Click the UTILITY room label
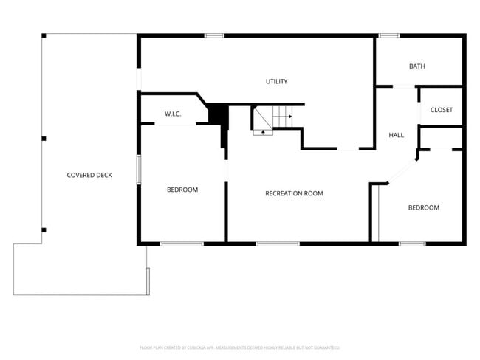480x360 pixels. (x=277, y=81)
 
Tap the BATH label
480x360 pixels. (x=417, y=66)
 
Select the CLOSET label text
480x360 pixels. (x=442, y=110)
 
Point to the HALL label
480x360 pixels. (x=397, y=135)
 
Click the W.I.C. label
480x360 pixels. (x=173, y=114)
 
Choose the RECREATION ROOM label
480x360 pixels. (x=294, y=193)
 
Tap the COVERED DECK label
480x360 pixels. (x=89, y=175)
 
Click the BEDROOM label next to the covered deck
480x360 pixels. (x=182, y=190)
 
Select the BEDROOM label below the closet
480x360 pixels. (x=424, y=207)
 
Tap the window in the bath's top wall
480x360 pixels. (x=389, y=35)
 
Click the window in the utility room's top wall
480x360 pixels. (x=214, y=35)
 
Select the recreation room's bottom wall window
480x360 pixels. (x=278, y=243)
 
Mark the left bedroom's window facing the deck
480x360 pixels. (x=138, y=167)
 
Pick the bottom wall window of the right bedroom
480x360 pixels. (x=412, y=243)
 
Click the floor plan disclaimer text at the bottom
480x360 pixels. (x=240, y=347)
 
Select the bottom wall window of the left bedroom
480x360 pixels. (x=182, y=243)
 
